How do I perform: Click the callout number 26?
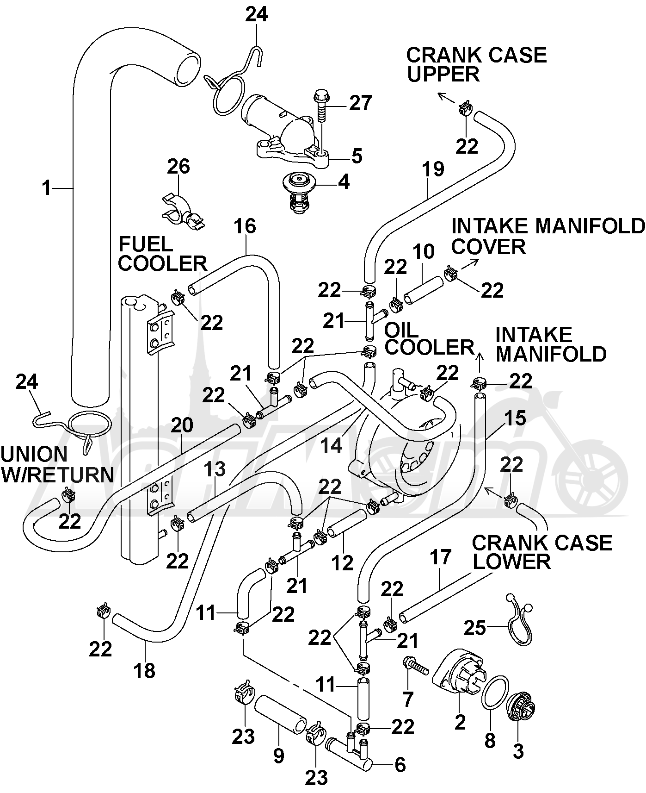pos(178,166)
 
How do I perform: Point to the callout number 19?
pos(433,169)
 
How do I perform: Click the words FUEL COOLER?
pos(163,254)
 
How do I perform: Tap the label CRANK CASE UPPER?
pos(476,64)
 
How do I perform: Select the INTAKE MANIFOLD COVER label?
pos(548,236)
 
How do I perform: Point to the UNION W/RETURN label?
pos(57,464)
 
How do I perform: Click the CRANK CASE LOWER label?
pos(542,552)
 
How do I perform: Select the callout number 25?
pos(474,628)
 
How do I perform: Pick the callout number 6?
pos(400,764)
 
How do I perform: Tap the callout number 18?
pos(144,670)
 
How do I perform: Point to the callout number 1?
pos(46,188)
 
